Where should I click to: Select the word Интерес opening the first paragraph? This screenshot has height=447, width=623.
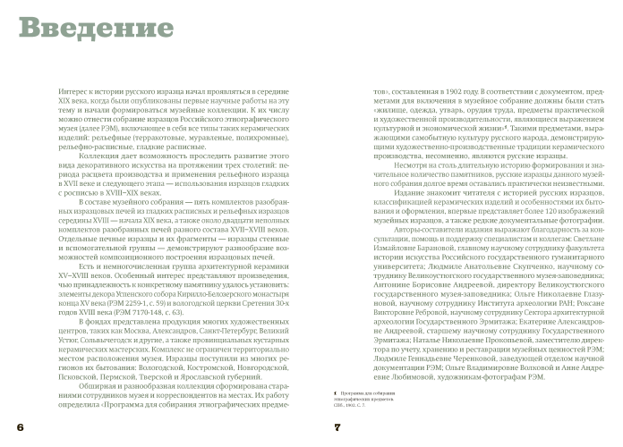(x=73, y=92)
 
